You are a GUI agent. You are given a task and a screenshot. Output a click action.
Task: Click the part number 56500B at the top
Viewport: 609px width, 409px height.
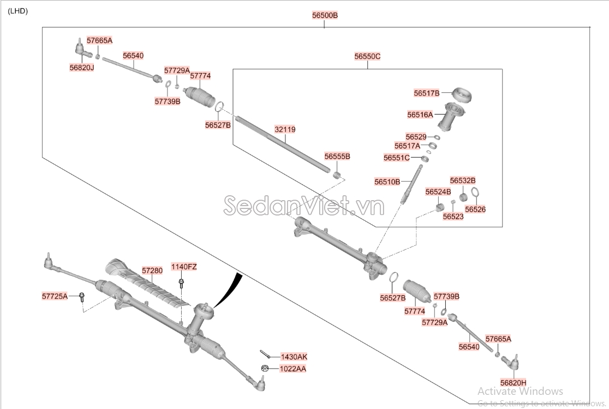pyautogui.click(x=325, y=16)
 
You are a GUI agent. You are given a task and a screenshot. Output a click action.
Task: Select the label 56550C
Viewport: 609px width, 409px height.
pyautogui.click(x=367, y=56)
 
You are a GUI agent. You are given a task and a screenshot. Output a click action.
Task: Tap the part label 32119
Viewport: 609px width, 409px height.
pyautogui.click(x=285, y=130)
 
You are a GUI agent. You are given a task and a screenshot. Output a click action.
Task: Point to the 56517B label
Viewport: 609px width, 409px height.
pyautogui.click(x=426, y=93)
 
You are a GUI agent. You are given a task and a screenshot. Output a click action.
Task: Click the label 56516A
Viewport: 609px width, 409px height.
pyautogui.click(x=420, y=115)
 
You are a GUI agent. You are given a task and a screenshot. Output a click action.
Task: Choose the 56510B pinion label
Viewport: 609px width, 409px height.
pyautogui.click(x=387, y=182)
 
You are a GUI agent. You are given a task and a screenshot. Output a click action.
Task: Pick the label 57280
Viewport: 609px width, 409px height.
pyautogui.click(x=152, y=270)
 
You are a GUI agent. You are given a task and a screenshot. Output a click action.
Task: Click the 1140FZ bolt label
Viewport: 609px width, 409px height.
pyautogui.click(x=184, y=267)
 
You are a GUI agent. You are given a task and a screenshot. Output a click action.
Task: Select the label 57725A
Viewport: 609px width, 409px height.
pyautogui.click(x=55, y=296)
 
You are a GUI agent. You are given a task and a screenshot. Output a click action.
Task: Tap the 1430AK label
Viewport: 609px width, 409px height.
pyautogui.click(x=294, y=357)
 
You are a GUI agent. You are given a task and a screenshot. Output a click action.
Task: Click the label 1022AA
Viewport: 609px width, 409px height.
pyautogui.click(x=293, y=369)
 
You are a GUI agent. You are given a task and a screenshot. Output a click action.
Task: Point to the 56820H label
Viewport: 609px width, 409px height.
pyautogui.click(x=513, y=382)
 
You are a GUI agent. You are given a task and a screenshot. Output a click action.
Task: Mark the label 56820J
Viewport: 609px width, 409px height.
pyautogui.click(x=82, y=67)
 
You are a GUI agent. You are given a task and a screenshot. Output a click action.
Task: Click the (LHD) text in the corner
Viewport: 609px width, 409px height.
pyautogui.click(x=18, y=11)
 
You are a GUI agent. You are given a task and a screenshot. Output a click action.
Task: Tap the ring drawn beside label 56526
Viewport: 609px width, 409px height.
pyautogui.click(x=475, y=193)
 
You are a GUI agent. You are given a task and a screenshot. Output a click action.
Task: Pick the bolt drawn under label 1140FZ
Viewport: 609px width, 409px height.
pyautogui.click(x=181, y=284)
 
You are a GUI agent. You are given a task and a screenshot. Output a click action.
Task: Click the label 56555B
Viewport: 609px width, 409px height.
pyautogui.click(x=337, y=157)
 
